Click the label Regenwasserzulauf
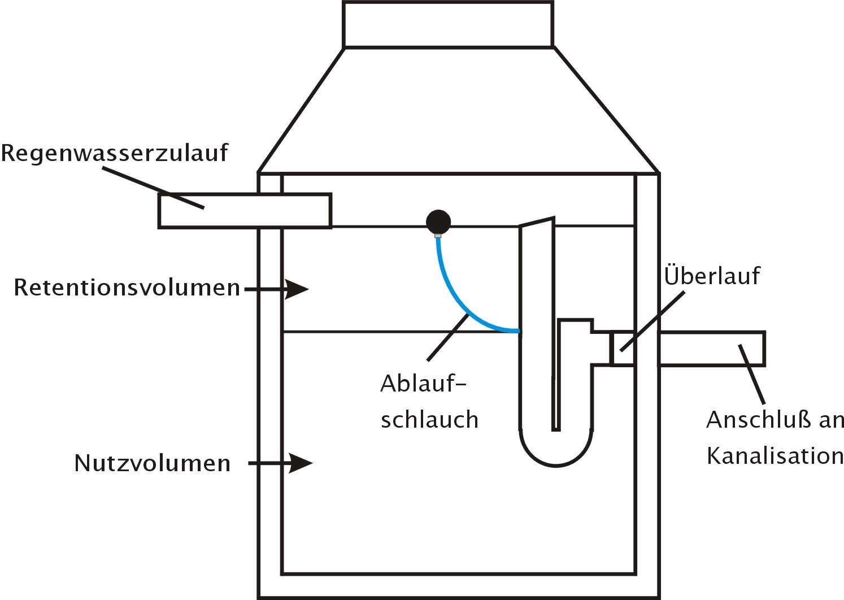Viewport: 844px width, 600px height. (115, 153)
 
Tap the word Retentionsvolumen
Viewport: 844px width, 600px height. (127, 288)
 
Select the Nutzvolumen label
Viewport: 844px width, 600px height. (152, 463)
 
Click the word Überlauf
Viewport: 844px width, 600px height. (712, 276)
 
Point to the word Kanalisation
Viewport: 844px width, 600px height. (775, 456)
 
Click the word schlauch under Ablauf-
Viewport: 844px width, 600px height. (429, 419)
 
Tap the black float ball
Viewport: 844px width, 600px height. (438, 221)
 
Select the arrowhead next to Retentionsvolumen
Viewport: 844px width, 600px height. (297, 289)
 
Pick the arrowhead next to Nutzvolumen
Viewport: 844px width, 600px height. (301, 463)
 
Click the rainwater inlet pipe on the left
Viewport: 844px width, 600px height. (245, 211)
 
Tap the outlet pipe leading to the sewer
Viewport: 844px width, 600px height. (712, 349)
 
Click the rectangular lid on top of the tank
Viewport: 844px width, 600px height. (449, 24)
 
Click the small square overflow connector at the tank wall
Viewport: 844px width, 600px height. (622, 348)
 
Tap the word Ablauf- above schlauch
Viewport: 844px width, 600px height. (424, 384)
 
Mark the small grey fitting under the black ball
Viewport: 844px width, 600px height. (438, 236)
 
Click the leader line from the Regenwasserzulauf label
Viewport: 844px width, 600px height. (153, 188)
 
